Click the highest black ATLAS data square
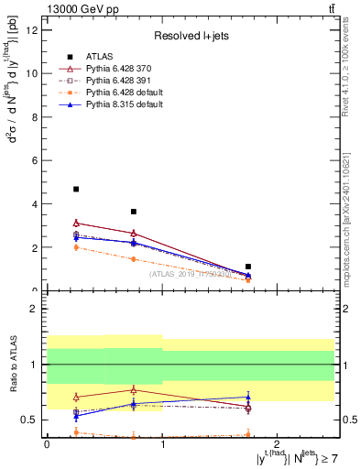76,190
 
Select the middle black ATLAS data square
134,212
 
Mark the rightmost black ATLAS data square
248,267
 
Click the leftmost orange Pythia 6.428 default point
76,247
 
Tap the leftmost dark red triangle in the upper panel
76,223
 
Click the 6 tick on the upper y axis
37,160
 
